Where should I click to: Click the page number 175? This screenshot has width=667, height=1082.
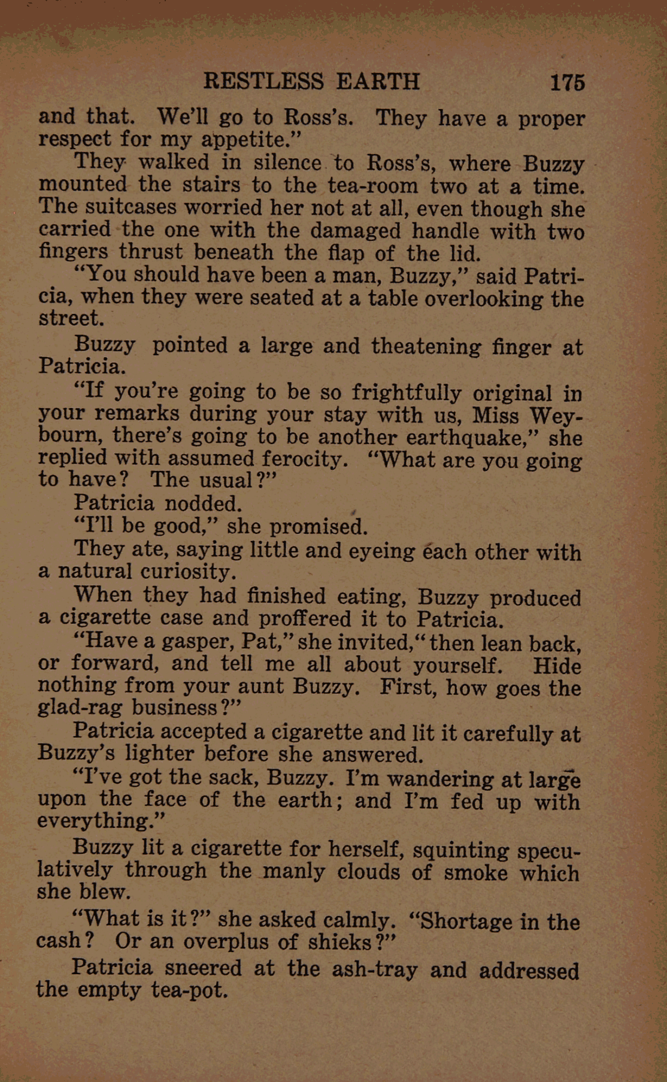coord(567,82)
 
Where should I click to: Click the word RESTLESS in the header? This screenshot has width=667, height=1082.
coord(263,81)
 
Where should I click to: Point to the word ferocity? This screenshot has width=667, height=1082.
coord(305,459)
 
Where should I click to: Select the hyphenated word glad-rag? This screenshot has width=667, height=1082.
coord(79,708)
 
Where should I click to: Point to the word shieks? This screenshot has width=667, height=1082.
coord(339,942)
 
